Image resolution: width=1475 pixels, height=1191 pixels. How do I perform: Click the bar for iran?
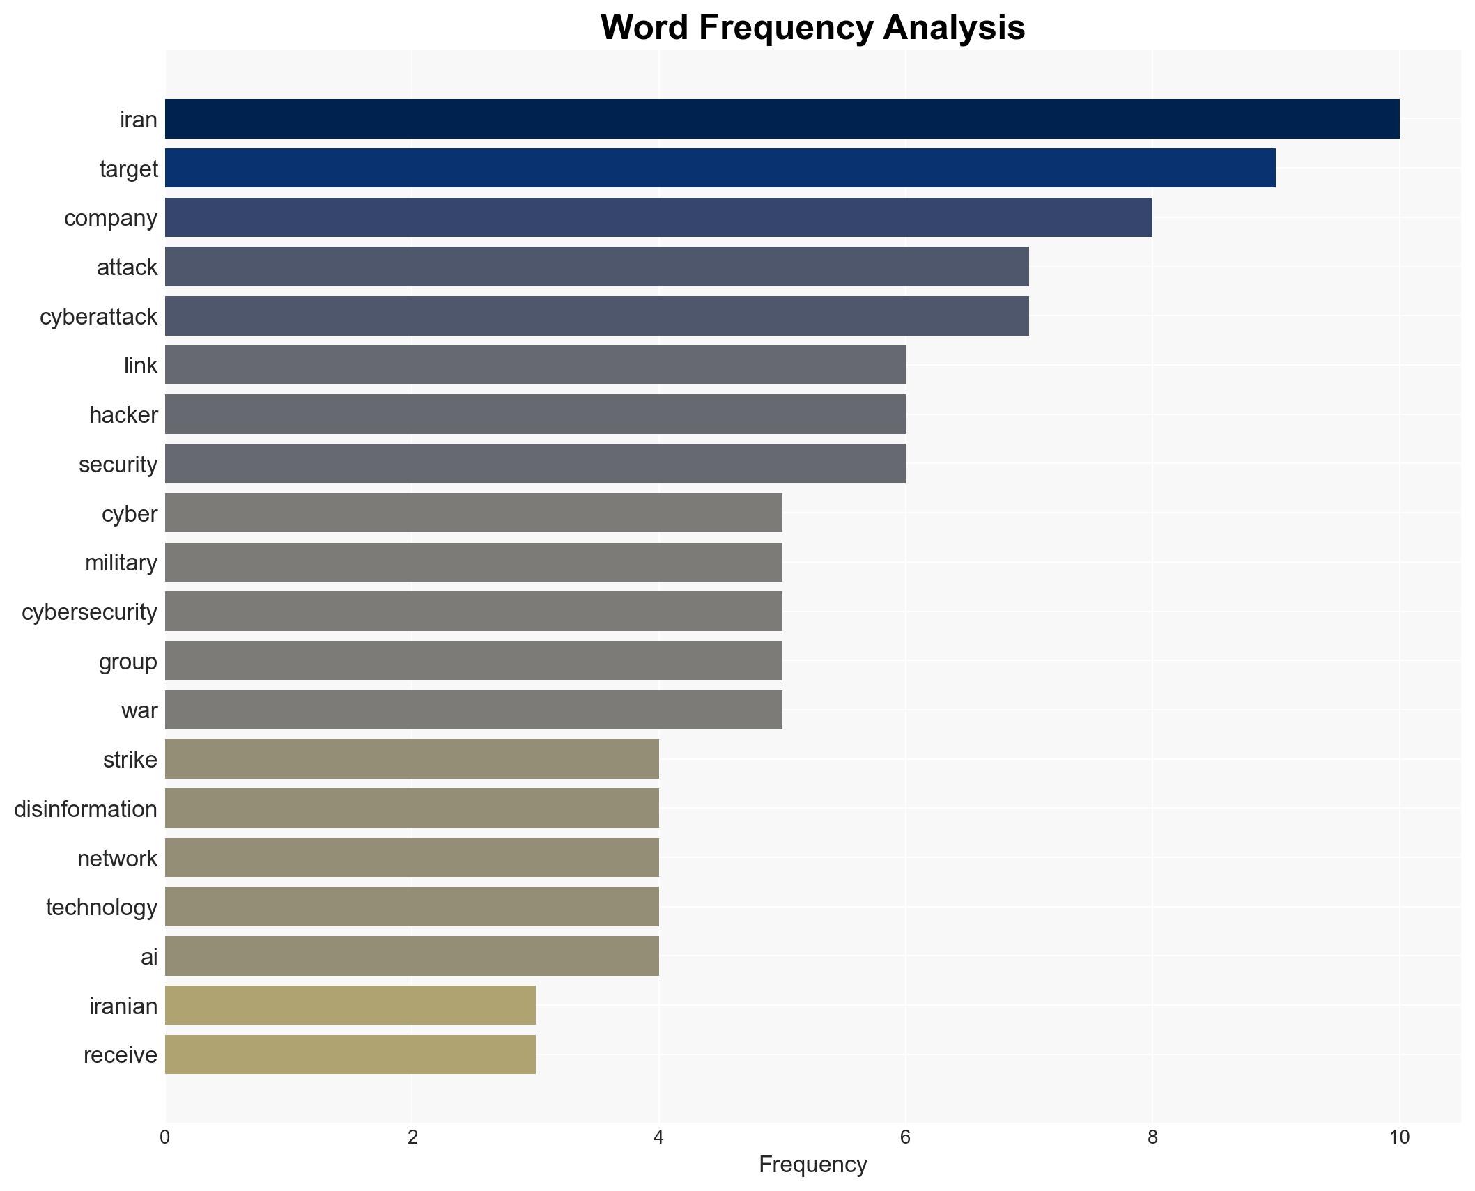[782, 118]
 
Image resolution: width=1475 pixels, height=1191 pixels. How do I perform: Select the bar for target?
[720, 168]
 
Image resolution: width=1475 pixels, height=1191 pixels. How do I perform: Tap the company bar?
[658, 217]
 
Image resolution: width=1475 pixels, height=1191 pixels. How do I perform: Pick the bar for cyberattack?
[596, 316]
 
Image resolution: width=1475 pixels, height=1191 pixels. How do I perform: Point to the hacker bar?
[535, 414]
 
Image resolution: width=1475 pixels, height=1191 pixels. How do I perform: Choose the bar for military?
[474, 562]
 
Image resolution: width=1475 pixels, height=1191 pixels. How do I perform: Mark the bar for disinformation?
[412, 808]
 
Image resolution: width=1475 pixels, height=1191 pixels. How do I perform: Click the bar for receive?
[350, 1054]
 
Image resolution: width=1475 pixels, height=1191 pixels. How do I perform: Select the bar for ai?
[412, 956]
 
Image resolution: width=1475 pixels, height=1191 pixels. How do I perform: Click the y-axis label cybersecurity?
[89, 612]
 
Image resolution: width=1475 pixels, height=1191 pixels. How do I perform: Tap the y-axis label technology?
[102, 908]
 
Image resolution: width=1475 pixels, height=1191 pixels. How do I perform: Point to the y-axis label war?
[139, 710]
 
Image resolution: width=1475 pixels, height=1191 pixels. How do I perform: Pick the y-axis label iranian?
[123, 1006]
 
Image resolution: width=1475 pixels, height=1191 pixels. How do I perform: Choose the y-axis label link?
[141, 366]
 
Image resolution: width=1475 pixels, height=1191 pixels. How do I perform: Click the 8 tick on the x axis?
[1152, 1138]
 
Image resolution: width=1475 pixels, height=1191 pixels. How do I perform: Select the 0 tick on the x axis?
[165, 1138]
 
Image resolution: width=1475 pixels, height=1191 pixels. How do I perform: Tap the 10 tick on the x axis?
[1399, 1138]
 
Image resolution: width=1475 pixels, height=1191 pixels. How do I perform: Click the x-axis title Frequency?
[812, 1165]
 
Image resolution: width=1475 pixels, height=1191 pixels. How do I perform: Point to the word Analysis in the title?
[954, 28]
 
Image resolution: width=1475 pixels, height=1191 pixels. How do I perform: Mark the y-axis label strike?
[130, 760]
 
